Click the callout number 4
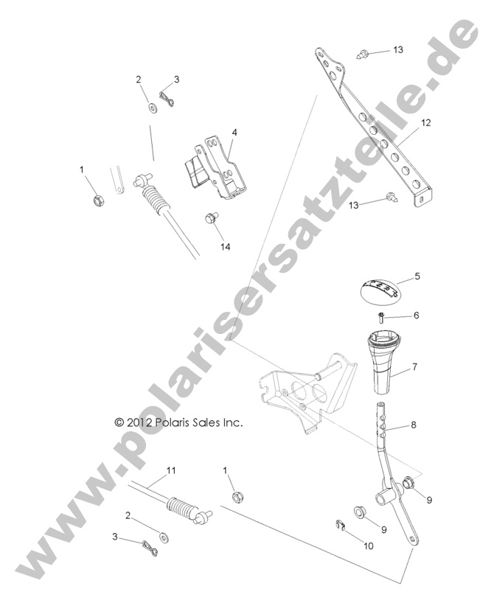pyautogui.click(x=234, y=132)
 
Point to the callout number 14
pyautogui.click(x=226, y=247)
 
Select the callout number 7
pyautogui.click(x=414, y=366)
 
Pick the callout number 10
pyautogui.click(x=368, y=546)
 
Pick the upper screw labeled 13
pyautogui.click(x=364, y=53)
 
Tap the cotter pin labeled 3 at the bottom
pyautogui.click(x=150, y=548)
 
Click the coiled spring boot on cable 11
pyautogui.click(x=184, y=509)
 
